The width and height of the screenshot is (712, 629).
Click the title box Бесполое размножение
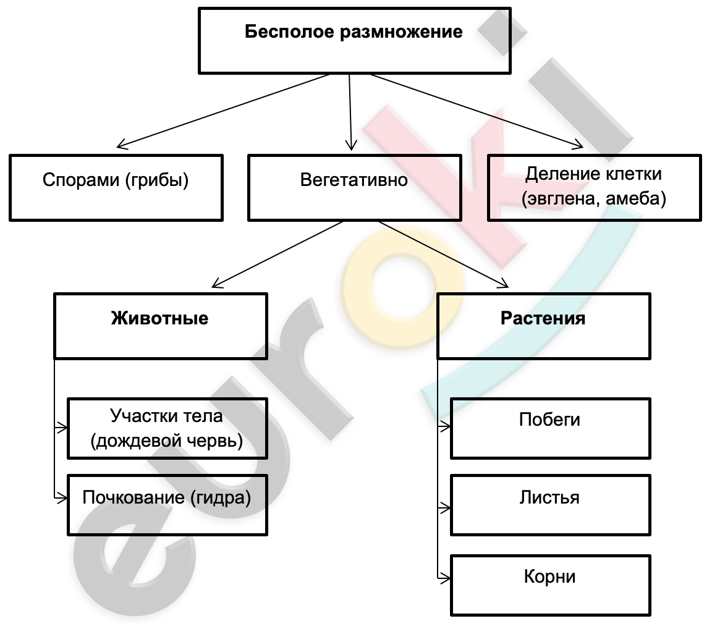coord(355,40)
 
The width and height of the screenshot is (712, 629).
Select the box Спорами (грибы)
coord(116,188)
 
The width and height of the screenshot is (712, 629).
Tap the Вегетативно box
coord(355,188)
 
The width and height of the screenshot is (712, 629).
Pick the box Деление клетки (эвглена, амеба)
coord(595,188)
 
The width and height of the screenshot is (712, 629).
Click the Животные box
coord(161,326)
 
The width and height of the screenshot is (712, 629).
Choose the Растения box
coord(544,326)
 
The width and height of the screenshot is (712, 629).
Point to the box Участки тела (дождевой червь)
coord(167,428)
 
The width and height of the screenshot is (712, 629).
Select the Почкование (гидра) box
coord(167,505)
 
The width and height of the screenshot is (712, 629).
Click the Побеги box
coord(551,428)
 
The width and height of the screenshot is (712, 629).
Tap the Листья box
coord(551,505)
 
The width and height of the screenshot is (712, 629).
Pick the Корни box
coord(551,585)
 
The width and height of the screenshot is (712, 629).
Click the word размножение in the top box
coord(401,32)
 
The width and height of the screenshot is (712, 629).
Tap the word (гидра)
coord(220,498)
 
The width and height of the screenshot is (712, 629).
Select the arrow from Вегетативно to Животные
coord(277,254)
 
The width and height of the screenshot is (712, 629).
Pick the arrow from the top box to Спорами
coord(223,111)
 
